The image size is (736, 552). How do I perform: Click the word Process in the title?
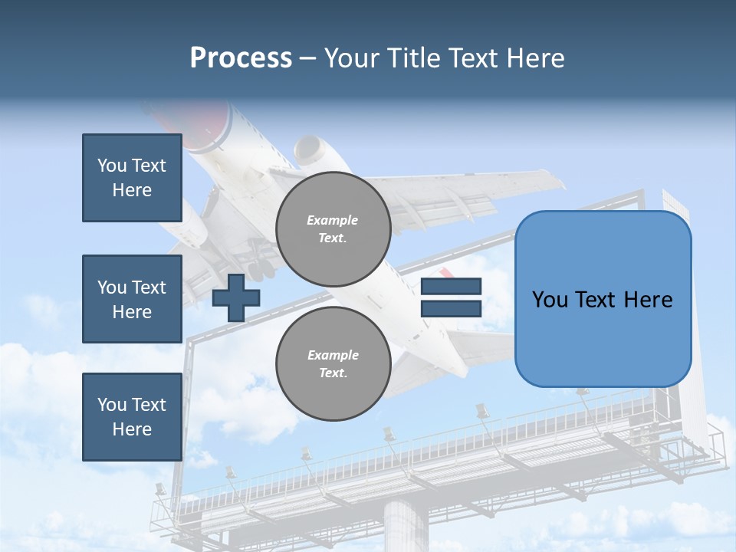click(241, 58)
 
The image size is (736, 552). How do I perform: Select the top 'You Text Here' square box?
click(132, 178)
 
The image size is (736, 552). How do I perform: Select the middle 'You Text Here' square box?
click(132, 299)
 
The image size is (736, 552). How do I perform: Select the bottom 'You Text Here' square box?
click(132, 417)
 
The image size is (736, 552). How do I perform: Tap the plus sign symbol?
click(235, 298)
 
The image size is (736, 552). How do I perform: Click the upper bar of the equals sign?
click(451, 287)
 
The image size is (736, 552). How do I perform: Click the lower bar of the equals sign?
click(451, 309)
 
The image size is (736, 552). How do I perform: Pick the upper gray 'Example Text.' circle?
click(333, 228)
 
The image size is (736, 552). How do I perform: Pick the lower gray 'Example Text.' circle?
click(333, 363)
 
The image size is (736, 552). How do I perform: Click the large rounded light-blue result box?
click(603, 299)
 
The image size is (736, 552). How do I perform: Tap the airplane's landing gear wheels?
click(260, 268)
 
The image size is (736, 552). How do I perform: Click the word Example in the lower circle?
click(333, 355)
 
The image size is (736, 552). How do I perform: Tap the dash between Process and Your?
click(307, 59)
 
